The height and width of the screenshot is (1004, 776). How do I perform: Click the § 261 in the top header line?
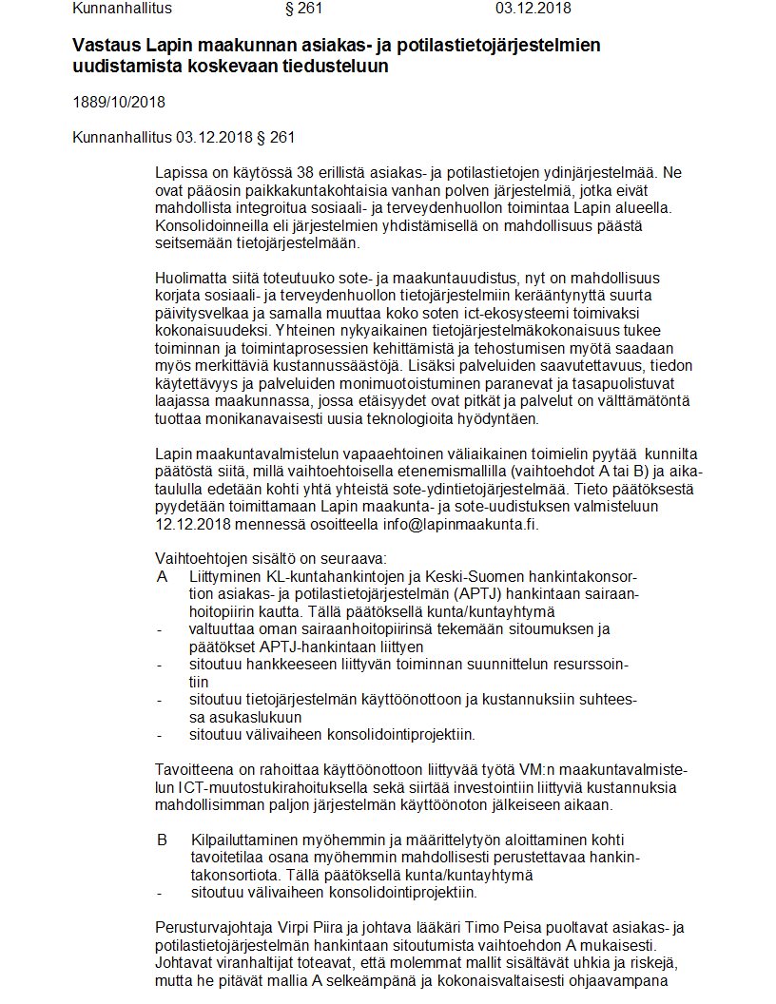305,9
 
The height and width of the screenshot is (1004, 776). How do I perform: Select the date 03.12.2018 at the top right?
533,9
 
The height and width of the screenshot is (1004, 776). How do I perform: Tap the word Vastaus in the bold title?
104,45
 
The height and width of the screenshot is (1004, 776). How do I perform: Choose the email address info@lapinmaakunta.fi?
468,524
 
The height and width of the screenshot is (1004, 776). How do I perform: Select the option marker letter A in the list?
162,577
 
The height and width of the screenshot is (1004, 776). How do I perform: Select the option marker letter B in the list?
162,840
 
